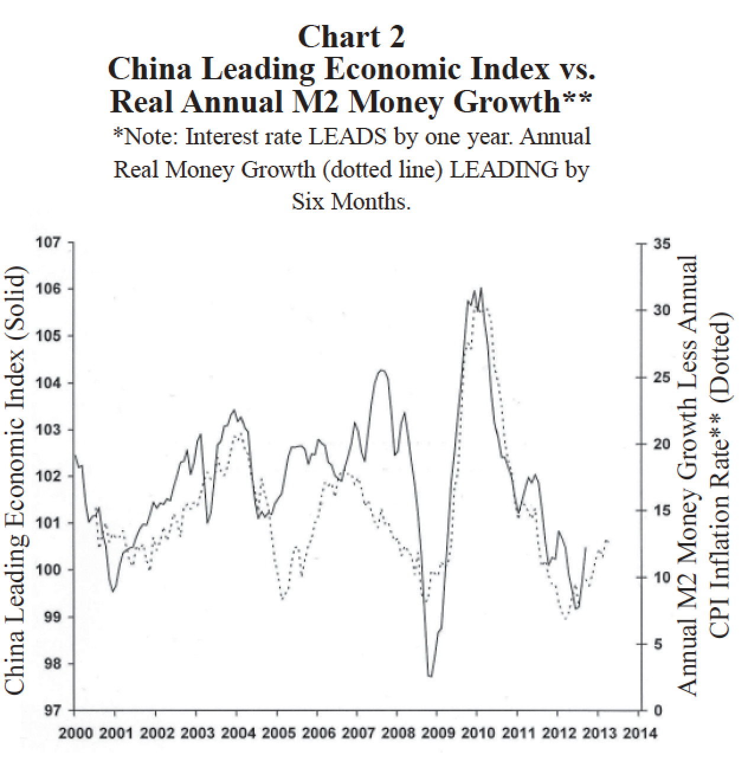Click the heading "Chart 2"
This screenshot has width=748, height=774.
[x=352, y=37]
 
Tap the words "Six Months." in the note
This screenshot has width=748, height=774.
[x=351, y=202]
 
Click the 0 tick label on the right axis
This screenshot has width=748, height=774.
[x=657, y=710]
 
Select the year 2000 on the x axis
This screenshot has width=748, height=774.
[x=76, y=734]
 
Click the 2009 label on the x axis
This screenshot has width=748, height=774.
[x=437, y=734]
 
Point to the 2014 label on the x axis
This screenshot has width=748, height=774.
[x=640, y=734]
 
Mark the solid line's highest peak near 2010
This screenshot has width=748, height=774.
[x=481, y=288]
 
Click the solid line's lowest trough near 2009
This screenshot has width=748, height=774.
[x=430, y=676]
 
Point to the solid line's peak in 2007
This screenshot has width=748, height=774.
[x=382, y=370]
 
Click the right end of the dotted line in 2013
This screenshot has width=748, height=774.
[x=608, y=541]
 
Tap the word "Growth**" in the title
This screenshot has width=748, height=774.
[x=522, y=102]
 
